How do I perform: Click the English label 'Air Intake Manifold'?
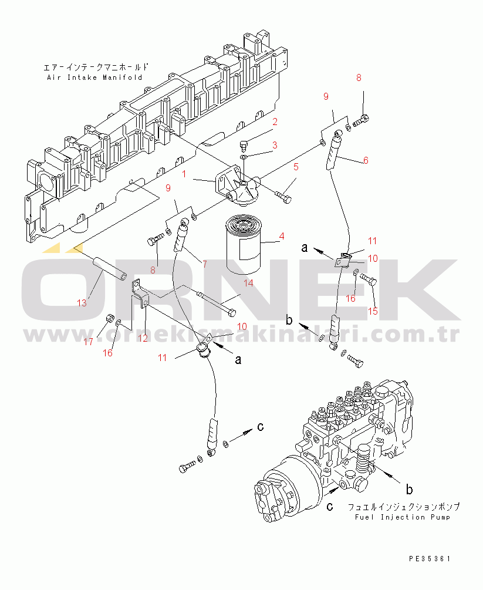point(95,77)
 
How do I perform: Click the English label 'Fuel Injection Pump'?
point(403,517)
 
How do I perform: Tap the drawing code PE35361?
point(430,559)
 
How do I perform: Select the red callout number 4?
point(281,237)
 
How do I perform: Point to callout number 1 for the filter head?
point(184,174)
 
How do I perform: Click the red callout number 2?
point(275,122)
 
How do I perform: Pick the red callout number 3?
point(275,145)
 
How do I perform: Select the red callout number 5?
point(296,167)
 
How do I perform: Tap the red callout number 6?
point(366,160)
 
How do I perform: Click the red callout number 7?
point(205,264)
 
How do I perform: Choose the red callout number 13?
point(82,303)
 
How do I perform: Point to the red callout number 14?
point(248,283)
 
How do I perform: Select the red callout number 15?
point(373,311)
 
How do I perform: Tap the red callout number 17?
point(88,342)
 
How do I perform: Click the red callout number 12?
point(143,338)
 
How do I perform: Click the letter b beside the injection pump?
point(409,490)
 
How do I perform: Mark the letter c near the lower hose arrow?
point(261,426)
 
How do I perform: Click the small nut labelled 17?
point(109,318)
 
